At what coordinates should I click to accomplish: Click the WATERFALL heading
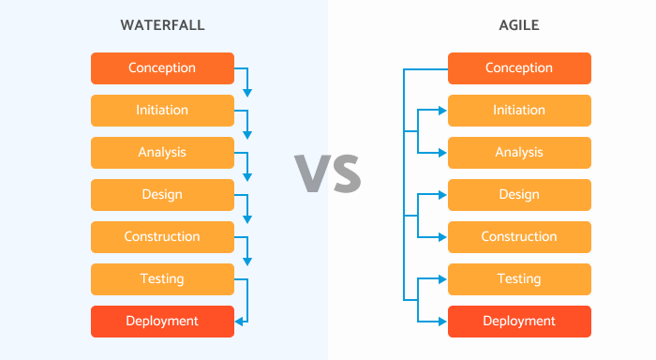click(162, 25)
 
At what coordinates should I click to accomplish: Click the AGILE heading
click(518, 25)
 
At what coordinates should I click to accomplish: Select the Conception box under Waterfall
click(162, 68)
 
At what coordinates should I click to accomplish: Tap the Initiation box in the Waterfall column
click(162, 111)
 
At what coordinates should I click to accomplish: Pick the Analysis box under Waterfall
click(162, 153)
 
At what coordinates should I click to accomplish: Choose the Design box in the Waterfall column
click(162, 195)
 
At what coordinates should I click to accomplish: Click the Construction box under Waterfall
click(162, 237)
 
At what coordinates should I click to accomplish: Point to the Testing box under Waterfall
click(162, 279)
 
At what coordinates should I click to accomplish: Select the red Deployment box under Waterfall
click(162, 322)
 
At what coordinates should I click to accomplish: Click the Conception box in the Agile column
click(519, 68)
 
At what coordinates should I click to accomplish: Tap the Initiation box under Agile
click(519, 111)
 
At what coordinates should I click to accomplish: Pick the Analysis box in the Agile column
click(519, 153)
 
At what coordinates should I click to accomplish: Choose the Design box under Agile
click(519, 195)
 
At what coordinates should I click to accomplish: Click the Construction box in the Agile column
click(519, 237)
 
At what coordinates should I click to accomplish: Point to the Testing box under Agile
click(519, 279)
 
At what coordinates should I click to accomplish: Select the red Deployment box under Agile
click(519, 322)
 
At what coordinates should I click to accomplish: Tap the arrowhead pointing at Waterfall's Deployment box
click(239, 322)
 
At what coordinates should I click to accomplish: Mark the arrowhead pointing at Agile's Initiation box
click(442, 111)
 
